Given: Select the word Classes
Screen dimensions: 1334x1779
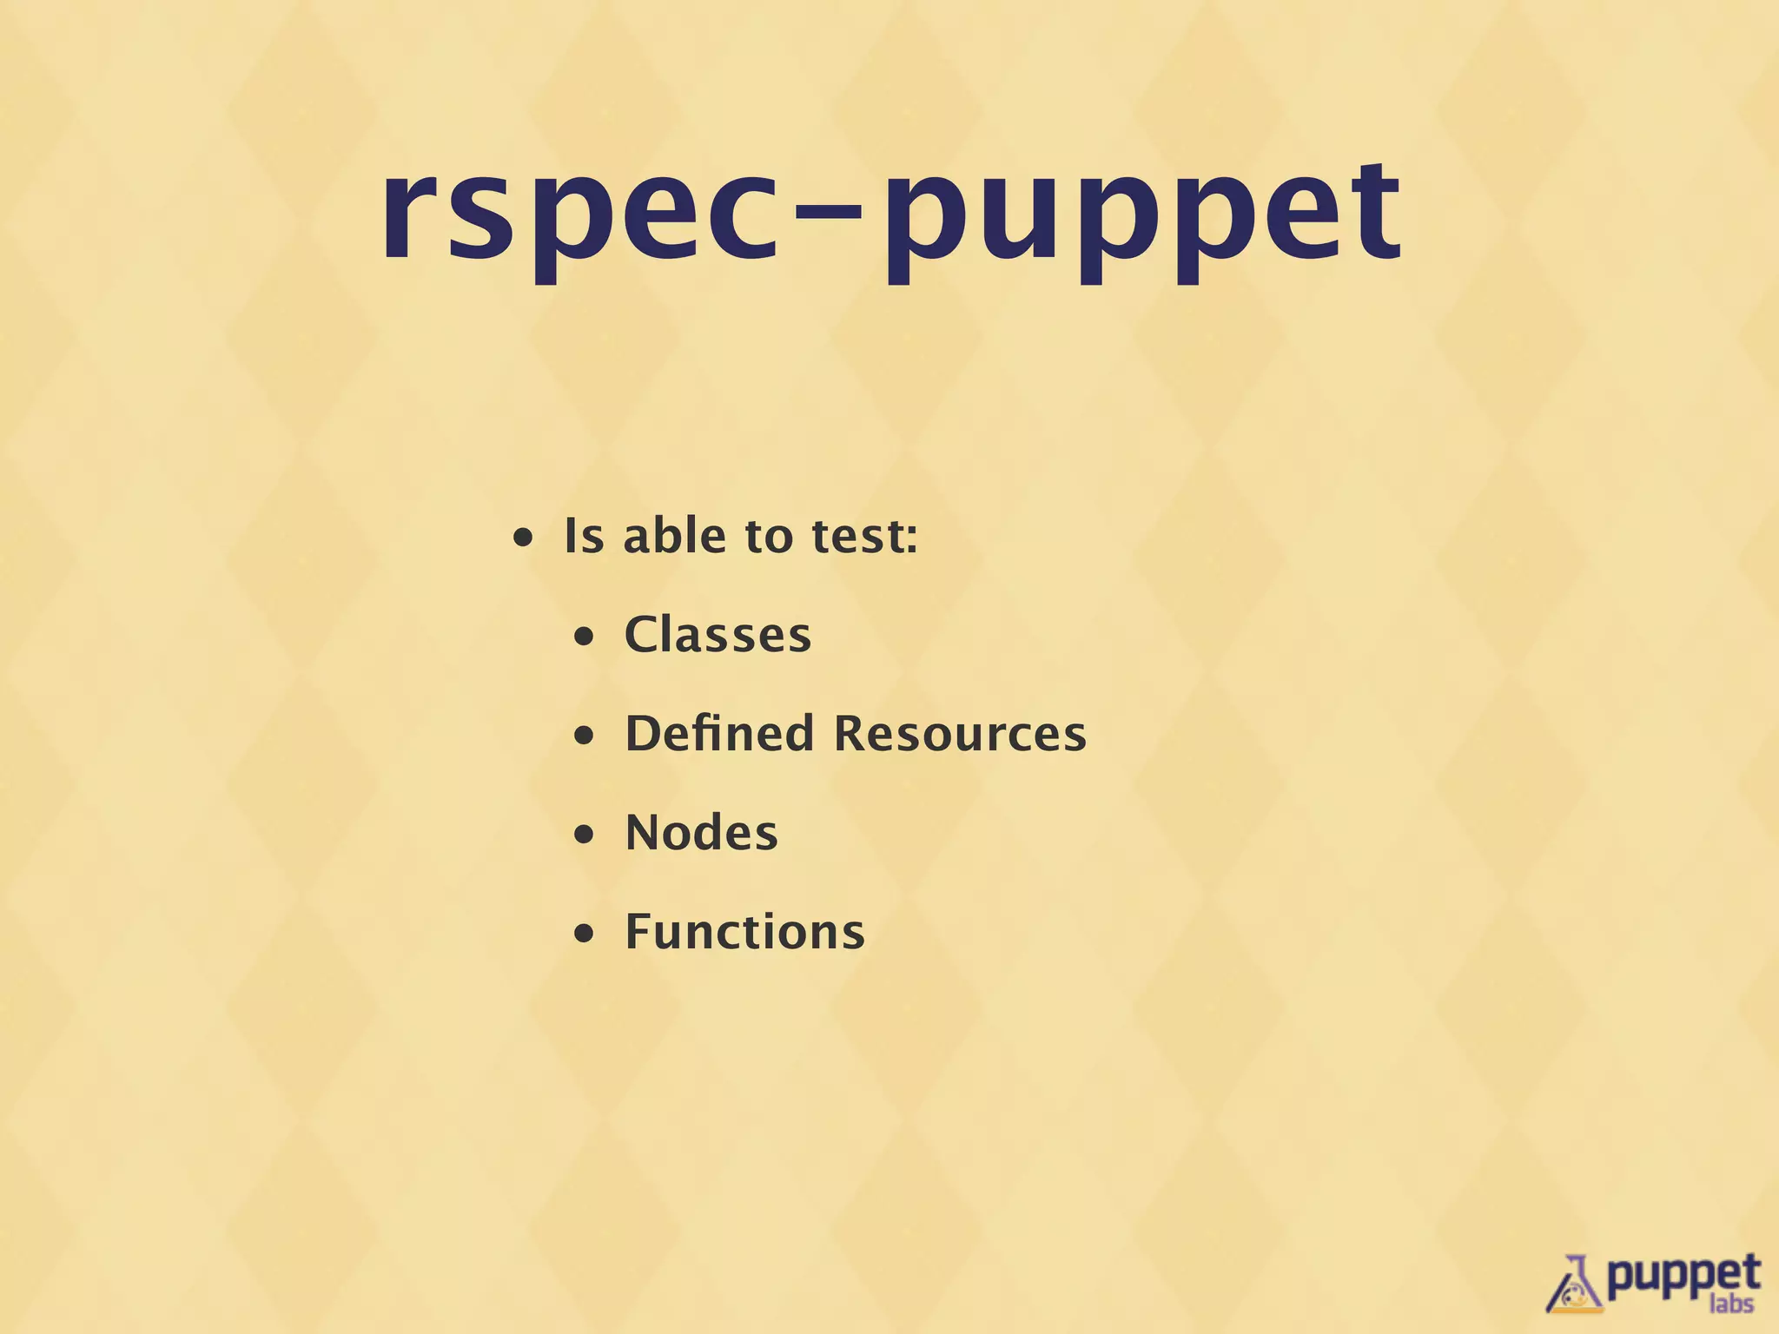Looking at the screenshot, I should (718, 635).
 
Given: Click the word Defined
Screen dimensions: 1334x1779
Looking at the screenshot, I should (719, 733).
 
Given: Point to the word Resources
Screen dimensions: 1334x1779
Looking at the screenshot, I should (960, 734).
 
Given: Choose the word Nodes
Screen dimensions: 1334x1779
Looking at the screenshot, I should (701, 833).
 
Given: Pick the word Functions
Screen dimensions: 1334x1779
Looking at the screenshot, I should (744, 932).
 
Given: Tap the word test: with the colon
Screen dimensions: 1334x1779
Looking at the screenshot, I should (864, 537).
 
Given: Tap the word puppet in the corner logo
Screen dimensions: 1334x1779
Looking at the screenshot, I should (1683, 1275).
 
